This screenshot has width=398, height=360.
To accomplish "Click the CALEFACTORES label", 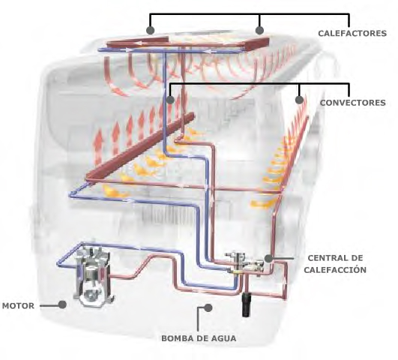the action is tap(352, 33).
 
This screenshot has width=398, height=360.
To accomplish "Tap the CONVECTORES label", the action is tap(352, 103).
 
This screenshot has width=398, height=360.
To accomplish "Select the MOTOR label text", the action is tap(18, 306).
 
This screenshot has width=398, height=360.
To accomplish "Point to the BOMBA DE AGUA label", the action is tap(199, 338).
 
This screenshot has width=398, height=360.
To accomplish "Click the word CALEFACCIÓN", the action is tap(335, 269).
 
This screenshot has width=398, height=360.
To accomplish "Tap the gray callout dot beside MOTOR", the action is tap(62, 304).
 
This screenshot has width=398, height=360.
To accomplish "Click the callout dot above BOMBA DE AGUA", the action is tap(208, 307).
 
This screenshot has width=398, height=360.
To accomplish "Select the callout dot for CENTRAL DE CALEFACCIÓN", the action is tap(268, 259).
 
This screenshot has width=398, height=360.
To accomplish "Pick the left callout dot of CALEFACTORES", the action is tap(150, 30).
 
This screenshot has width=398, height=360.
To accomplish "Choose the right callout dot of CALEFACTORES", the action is tap(259, 30).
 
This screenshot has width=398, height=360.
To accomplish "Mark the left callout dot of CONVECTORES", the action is tap(170, 100).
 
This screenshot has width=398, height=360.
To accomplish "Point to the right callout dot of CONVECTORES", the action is tap(300, 100).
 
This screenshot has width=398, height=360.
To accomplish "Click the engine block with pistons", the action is tap(93, 275).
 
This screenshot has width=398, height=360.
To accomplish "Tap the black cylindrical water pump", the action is tap(246, 304).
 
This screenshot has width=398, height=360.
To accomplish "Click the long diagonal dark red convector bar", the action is tap(140, 147).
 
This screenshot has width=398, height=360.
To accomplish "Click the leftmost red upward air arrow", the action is tap(98, 145).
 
